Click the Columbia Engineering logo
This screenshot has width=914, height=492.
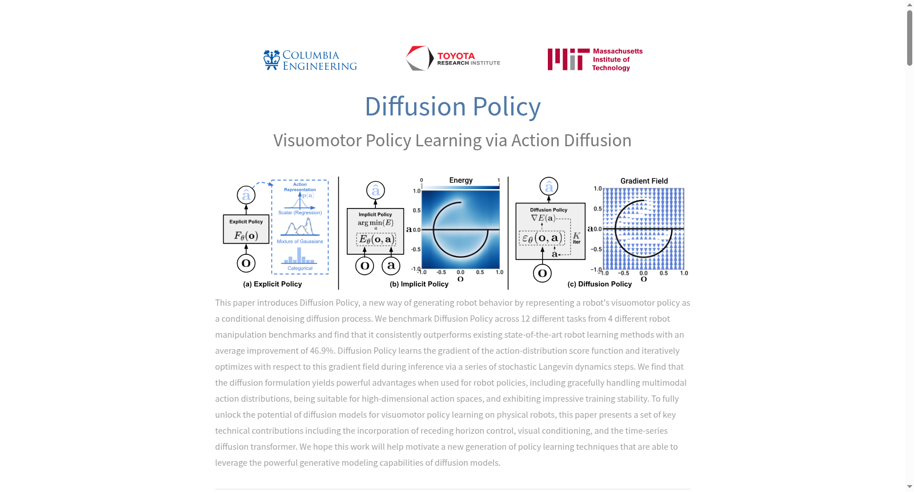[x=310, y=60]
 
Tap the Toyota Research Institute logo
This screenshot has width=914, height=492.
[x=453, y=58]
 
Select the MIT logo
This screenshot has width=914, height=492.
[x=595, y=59]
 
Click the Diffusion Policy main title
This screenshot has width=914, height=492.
[x=452, y=106]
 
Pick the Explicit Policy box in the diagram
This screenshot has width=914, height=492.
[x=246, y=229]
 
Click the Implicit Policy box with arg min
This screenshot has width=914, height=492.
[x=375, y=231]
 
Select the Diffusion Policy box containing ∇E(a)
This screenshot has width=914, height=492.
[x=551, y=231]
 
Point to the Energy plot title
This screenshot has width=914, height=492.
[x=460, y=180]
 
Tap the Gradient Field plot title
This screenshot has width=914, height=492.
[x=644, y=181]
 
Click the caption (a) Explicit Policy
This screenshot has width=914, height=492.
[x=272, y=284]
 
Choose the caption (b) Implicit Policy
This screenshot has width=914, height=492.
[x=419, y=284]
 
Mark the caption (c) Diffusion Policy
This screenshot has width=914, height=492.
[x=599, y=284]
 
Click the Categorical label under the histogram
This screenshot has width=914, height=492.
[x=300, y=268]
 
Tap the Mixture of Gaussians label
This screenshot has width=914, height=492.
[x=300, y=241]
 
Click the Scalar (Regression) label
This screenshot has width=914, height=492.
[x=300, y=213]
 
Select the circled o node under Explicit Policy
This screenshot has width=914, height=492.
[x=246, y=263]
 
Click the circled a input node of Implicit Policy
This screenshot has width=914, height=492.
[x=391, y=266]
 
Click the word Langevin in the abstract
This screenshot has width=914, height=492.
[x=555, y=367]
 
